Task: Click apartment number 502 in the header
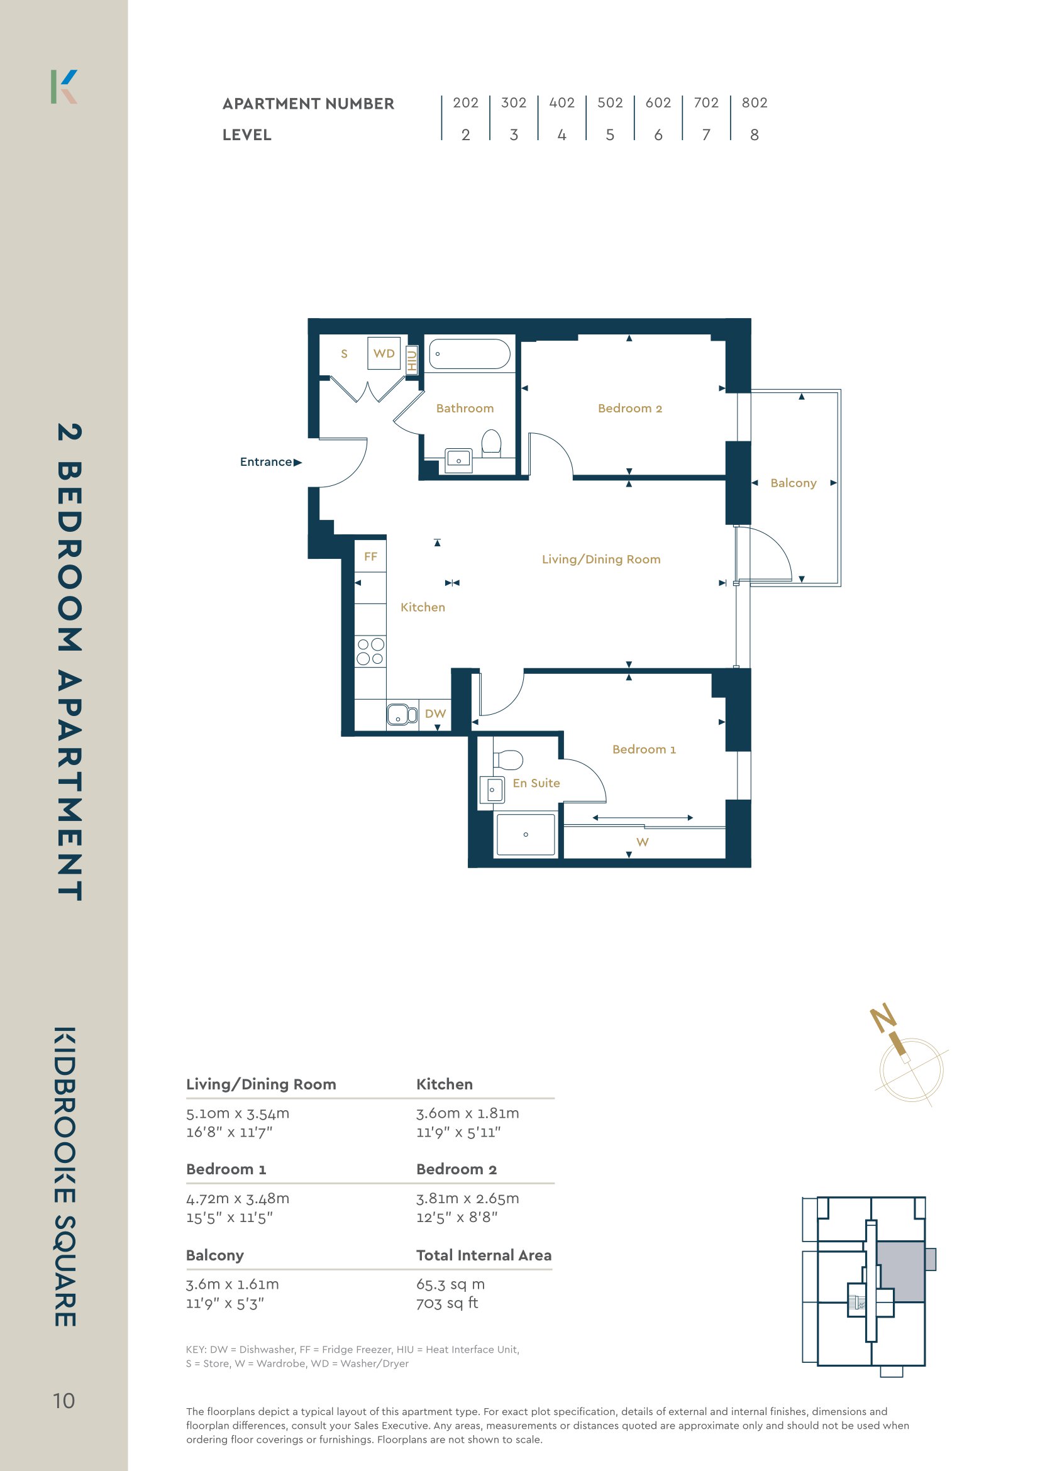coord(609,102)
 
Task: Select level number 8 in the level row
coord(754,135)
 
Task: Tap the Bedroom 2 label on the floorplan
coord(629,408)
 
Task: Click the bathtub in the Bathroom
coord(469,354)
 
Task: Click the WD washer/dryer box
coord(384,353)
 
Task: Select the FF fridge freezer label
coord(370,556)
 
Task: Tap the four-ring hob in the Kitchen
coord(370,651)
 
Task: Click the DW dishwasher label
coord(435,713)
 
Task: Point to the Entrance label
coord(266,461)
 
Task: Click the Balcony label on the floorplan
coord(794,482)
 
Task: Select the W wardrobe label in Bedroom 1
coord(642,842)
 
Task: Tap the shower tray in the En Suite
coord(526,834)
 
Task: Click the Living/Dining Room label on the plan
coord(601,559)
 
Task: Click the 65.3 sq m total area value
coord(450,1284)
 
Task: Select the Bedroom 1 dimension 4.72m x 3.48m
coord(238,1198)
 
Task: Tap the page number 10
coord(64,1401)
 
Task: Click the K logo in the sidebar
coord(64,87)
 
